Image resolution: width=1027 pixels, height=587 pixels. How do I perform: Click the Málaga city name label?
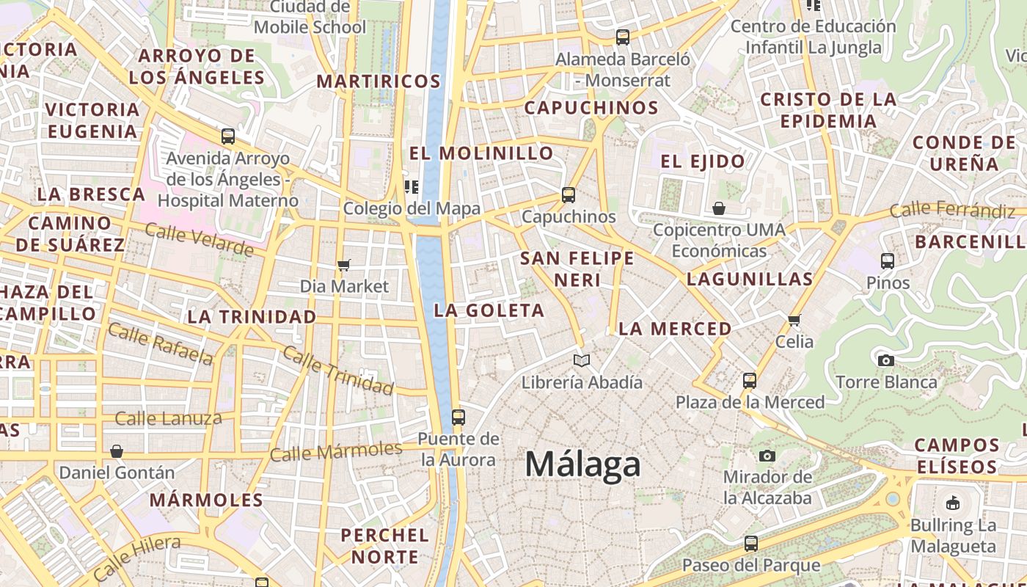(582, 465)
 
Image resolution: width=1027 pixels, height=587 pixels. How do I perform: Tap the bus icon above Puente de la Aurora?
(458, 418)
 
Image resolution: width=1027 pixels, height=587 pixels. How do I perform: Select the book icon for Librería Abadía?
(582, 360)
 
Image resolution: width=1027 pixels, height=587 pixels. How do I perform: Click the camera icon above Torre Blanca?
(886, 360)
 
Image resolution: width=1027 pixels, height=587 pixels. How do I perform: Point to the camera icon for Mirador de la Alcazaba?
(767, 456)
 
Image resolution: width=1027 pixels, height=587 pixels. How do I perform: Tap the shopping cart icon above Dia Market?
(343, 265)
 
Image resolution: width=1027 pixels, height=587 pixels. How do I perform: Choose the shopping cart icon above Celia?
(794, 320)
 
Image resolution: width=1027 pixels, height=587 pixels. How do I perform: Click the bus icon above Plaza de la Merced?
(750, 380)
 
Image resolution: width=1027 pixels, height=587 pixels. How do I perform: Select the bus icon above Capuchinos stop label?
(569, 194)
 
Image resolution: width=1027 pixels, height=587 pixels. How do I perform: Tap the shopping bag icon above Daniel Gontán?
(117, 451)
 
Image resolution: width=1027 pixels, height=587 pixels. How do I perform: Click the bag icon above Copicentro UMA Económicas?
(719, 208)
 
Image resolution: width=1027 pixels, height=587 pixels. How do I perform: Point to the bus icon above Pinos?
(888, 260)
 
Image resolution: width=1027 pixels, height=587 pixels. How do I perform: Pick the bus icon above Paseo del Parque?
(751, 544)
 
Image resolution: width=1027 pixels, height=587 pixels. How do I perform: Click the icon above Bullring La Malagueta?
(953, 503)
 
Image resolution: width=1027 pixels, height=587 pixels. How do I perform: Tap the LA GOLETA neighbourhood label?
(489, 310)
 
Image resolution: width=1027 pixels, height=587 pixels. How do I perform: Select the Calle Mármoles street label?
(336, 451)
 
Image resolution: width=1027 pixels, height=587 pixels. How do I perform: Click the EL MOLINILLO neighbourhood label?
(481, 153)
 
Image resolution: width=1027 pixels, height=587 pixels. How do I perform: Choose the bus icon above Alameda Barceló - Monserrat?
(623, 37)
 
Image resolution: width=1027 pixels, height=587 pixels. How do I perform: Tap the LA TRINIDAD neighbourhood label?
(252, 317)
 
